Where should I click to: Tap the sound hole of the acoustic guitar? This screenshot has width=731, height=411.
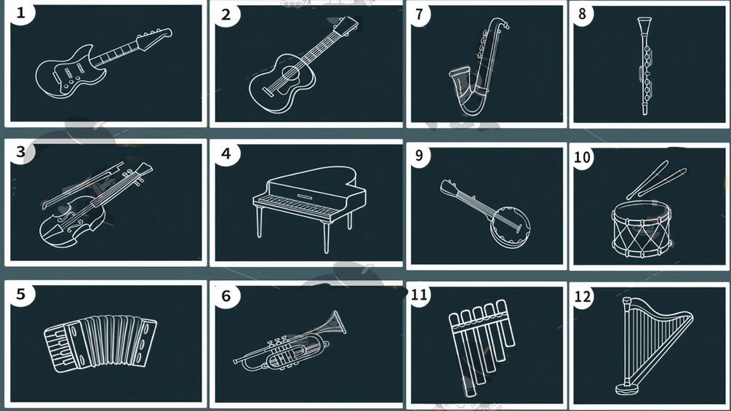coord(290,73)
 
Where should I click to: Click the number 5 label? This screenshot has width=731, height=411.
coord(20,294)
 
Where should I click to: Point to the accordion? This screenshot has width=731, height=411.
coord(100,343)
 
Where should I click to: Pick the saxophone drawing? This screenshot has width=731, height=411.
coord(477,68)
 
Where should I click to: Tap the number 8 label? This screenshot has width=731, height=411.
coord(582,14)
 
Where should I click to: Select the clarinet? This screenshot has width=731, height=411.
coord(645,65)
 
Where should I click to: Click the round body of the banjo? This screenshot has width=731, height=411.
coord(511,227)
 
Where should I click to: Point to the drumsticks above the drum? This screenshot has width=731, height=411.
coord(656,180)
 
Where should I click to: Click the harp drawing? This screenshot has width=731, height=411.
coord(652,346)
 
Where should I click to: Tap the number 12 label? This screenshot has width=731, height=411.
coord(583,296)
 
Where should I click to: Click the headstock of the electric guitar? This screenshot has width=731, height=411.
coord(154,39)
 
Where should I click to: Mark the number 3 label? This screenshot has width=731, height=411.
coord(20,151)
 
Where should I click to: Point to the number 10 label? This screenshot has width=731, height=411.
coord(583,157)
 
